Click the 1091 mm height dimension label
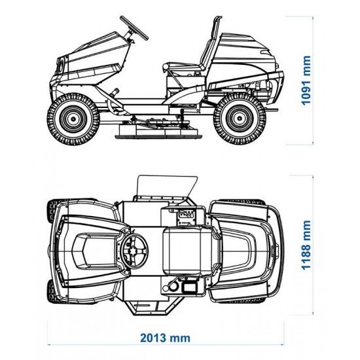[306, 81]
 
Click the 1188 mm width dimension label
[306, 245]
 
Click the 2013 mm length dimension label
[166, 338]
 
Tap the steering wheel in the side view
[134, 27]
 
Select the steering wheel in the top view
[135, 251]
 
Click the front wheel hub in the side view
[73, 118]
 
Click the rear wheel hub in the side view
[240, 118]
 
